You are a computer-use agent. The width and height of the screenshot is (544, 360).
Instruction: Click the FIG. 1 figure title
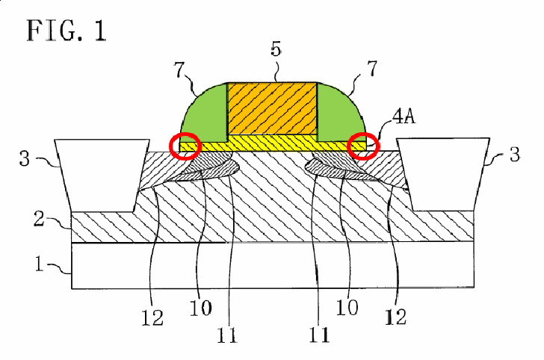[67, 31]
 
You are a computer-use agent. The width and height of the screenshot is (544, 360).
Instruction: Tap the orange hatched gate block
[272, 108]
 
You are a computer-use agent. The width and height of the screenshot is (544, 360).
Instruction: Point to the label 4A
[404, 116]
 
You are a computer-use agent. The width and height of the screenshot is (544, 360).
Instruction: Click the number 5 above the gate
[276, 49]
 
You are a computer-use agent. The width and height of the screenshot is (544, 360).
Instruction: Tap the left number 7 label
[179, 70]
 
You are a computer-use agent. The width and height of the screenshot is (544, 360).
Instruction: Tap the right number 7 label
[371, 68]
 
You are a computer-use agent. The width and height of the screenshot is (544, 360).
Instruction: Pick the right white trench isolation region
[443, 174]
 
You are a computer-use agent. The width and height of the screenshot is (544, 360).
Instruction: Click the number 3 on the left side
[25, 158]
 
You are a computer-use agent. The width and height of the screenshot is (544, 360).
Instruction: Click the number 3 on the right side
[515, 155]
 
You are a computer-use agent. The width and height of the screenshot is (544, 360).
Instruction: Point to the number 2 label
[39, 219]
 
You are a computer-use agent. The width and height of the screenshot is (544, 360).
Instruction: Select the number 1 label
[39, 264]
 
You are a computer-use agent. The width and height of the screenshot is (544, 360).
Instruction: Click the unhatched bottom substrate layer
[273, 266]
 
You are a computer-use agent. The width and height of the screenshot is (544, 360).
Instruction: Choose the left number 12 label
[152, 317]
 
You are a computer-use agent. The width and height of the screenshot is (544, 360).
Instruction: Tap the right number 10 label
[347, 307]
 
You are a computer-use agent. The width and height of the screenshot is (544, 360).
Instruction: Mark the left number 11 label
[227, 335]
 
